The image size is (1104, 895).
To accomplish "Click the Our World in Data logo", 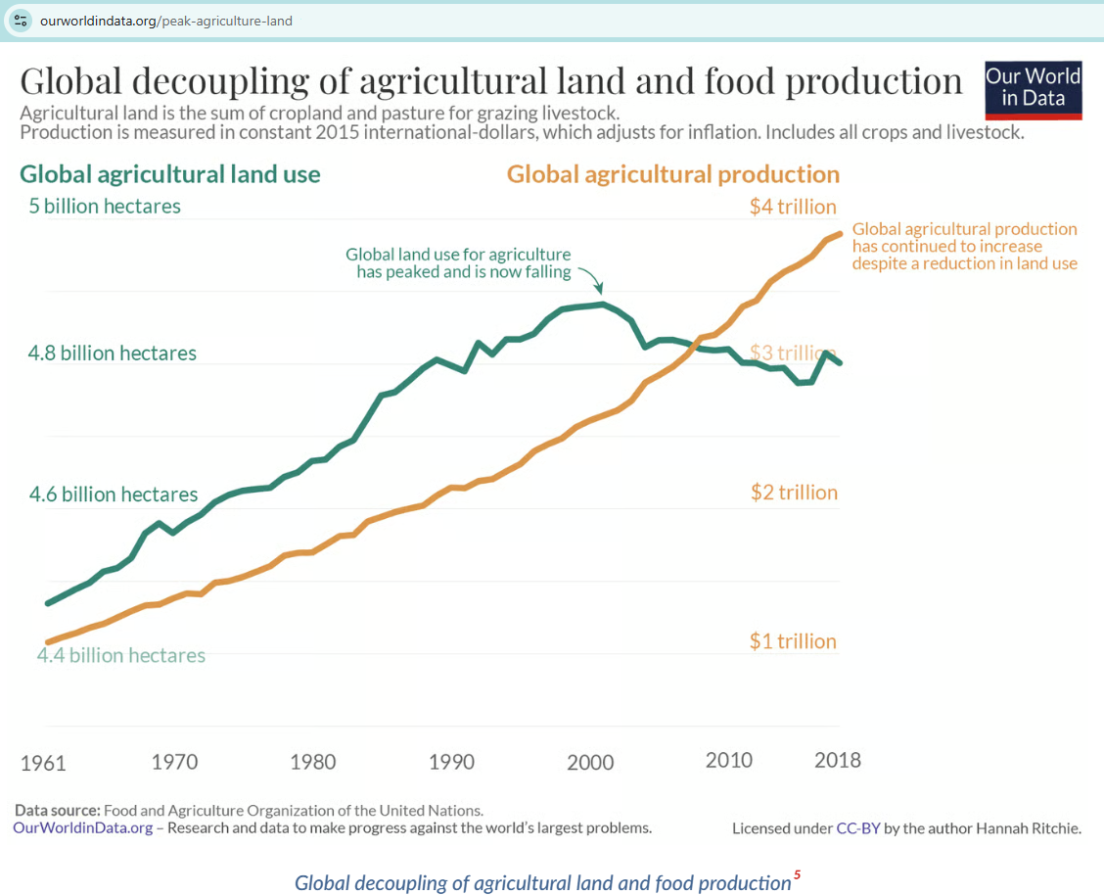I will (x=1034, y=88).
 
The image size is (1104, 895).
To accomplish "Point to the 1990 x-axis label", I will (x=451, y=761).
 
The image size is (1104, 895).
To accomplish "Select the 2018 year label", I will (x=837, y=760).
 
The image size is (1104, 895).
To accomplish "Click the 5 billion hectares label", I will (x=105, y=207).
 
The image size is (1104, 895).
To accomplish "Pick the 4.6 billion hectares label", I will (x=114, y=495).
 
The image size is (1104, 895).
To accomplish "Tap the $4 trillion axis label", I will (x=793, y=207).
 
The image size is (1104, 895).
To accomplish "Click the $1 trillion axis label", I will (x=793, y=641).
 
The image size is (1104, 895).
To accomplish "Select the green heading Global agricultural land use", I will (x=170, y=174).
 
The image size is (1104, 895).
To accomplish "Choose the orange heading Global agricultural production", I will (x=673, y=174).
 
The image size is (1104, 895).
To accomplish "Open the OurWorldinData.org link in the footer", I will (x=83, y=827).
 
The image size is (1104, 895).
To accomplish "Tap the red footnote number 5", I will (x=797, y=875).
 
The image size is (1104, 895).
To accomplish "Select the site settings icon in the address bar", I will (x=21, y=21).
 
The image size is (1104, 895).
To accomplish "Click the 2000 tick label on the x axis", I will (x=590, y=761).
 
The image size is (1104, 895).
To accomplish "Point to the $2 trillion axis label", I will (x=794, y=493).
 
